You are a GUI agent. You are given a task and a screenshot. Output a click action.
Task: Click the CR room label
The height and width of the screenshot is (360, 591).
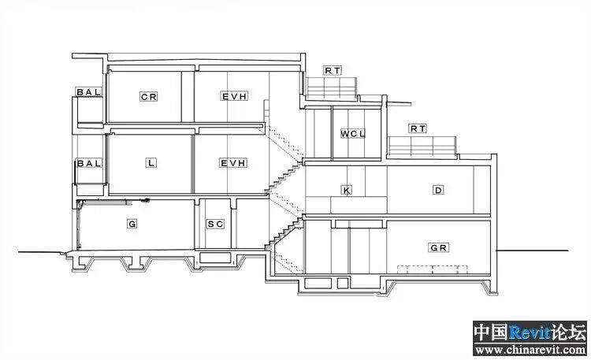pyautogui.click(x=149, y=97)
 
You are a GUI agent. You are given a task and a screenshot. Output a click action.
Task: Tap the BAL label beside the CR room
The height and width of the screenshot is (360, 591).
pyautogui.click(x=89, y=92)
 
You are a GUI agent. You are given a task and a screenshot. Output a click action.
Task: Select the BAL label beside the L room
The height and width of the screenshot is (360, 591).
pyautogui.click(x=89, y=163)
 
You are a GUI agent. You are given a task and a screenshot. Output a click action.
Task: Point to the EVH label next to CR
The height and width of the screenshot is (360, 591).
pyautogui.click(x=234, y=96)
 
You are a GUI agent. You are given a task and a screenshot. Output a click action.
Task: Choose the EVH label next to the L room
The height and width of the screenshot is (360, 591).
pyautogui.click(x=234, y=163)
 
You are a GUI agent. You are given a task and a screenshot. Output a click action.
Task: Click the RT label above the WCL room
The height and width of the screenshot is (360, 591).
pyautogui.click(x=333, y=70)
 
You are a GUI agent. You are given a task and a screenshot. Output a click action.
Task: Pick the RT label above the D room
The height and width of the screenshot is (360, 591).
pyautogui.click(x=418, y=128)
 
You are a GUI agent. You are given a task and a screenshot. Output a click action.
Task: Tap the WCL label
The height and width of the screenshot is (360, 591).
pyautogui.click(x=353, y=134)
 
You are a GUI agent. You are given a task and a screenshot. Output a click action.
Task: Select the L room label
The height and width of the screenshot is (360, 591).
pyautogui.click(x=150, y=163)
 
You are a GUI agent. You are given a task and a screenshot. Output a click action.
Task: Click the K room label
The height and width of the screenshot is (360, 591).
pyautogui.click(x=345, y=190)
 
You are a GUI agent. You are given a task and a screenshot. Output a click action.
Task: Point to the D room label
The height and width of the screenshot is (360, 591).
pyautogui.click(x=439, y=190)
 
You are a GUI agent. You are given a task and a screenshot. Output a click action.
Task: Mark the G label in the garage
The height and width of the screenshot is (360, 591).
pyautogui.click(x=132, y=225)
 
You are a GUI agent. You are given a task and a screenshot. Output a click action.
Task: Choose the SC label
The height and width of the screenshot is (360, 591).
pyautogui.click(x=216, y=225)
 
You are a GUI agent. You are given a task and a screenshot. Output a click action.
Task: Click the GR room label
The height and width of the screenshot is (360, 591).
pyautogui.click(x=439, y=247)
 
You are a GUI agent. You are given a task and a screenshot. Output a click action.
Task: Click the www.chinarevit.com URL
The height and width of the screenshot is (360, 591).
pyautogui.click(x=530, y=350)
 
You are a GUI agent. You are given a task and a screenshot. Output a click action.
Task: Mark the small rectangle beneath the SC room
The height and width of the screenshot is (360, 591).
pyautogui.click(x=215, y=258)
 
